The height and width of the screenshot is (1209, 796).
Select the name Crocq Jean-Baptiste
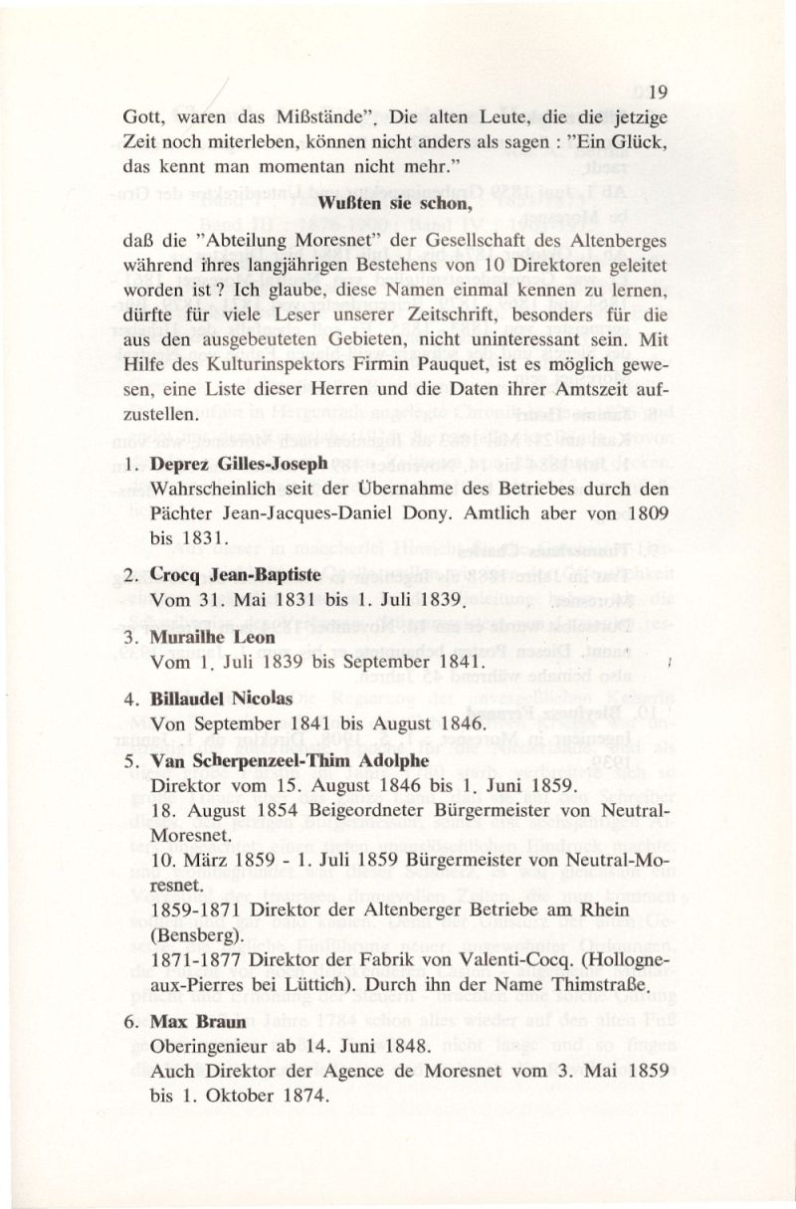coord(227,577)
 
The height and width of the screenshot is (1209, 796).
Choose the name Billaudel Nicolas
coord(221,699)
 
